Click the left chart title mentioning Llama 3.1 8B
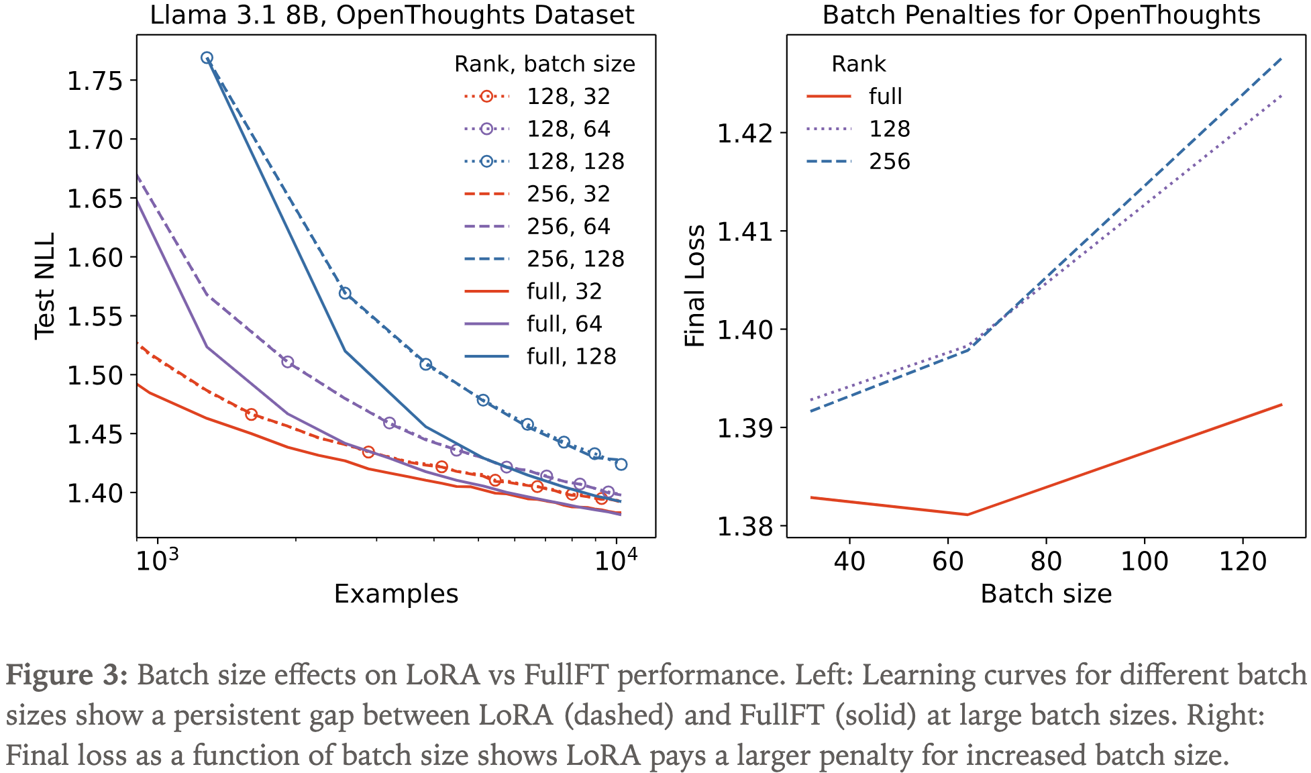click(x=392, y=15)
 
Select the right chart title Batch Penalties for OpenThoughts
click(x=1041, y=15)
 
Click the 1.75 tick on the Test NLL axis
click(x=95, y=81)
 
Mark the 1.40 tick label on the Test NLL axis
click(x=95, y=493)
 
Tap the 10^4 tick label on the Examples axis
click(x=615, y=560)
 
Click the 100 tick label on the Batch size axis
click(x=1144, y=561)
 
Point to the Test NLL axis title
click(x=44, y=286)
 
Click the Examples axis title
click(x=396, y=595)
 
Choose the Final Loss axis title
click(x=695, y=286)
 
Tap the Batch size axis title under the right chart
click(x=1045, y=595)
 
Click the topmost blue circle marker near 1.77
click(x=207, y=58)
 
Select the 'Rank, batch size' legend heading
click(x=544, y=64)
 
